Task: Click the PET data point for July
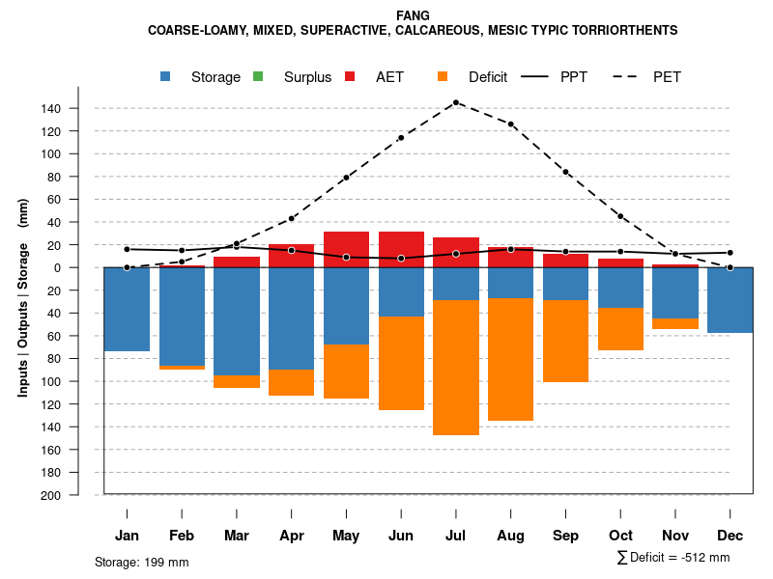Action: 455,102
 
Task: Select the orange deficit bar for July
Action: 455,367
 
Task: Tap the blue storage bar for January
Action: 127,309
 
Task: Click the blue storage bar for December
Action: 730,300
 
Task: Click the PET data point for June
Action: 401,137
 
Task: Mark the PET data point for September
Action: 565,172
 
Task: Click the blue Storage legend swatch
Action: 167,77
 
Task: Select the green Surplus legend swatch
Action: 257,77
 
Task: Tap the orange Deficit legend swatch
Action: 443,77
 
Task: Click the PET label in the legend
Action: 667,77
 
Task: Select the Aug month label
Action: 510,536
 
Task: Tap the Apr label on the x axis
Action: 292,536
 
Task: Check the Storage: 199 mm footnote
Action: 142,562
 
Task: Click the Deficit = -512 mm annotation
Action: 673,558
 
